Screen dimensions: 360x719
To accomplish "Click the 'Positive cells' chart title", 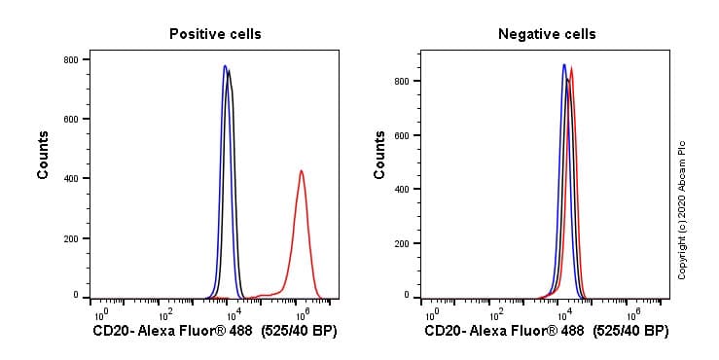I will click(215, 34).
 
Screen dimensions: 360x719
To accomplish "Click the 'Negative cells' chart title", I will click(547, 34).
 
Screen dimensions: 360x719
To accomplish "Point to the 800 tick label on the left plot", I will click(71, 59).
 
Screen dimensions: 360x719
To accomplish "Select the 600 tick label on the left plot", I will click(71, 119).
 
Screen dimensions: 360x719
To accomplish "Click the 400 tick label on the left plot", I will click(71, 178).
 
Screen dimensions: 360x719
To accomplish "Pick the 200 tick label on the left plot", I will click(71, 237).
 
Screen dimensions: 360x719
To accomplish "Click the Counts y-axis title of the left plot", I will click(44, 155).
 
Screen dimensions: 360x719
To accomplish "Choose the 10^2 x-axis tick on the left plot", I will click(165, 314).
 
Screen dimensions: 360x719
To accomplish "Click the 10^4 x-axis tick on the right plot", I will click(564, 314).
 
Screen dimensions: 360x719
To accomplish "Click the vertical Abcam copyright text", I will click(682, 209).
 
